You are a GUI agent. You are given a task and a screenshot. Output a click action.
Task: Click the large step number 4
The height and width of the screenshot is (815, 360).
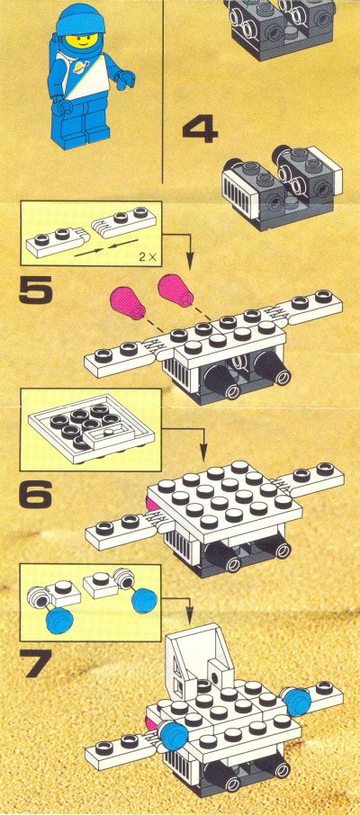click(200, 130)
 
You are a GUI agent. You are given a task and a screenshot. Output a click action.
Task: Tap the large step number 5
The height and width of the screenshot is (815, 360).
click(35, 290)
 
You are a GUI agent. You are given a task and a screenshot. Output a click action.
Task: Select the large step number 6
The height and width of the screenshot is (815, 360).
click(35, 494)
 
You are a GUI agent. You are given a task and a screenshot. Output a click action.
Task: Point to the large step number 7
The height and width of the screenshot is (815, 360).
click(35, 664)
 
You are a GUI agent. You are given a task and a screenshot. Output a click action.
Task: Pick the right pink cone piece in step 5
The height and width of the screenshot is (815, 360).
click(175, 290)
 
